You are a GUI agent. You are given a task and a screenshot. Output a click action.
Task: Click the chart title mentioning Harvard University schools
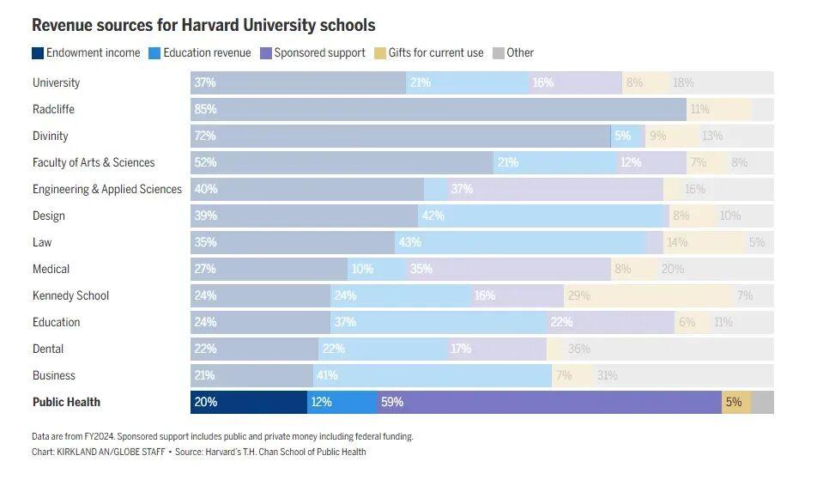tap(203, 26)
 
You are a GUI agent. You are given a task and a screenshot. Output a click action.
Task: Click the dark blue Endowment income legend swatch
tap(38, 52)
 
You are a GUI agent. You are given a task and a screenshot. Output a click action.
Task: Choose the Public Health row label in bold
tap(66, 402)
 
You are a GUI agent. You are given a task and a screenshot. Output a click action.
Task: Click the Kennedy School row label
tap(70, 295)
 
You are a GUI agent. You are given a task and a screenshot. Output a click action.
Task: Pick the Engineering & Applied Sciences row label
tap(106, 189)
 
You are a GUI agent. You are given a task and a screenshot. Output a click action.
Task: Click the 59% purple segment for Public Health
tap(549, 402)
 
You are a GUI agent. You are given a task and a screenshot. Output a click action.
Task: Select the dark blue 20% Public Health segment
tap(249, 402)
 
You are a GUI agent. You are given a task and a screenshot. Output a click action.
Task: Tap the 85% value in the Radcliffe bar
tap(206, 109)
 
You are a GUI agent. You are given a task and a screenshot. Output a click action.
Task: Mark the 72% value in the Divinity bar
tap(206, 136)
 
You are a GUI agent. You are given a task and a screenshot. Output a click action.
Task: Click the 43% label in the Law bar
tap(408, 242)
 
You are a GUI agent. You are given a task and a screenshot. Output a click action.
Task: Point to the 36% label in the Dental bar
tap(579, 349)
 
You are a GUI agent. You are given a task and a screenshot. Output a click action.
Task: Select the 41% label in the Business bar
tap(328, 375)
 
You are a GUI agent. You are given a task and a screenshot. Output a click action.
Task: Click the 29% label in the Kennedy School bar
tap(579, 295)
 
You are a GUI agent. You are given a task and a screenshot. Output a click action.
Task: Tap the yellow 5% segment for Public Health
tap(735, 402)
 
